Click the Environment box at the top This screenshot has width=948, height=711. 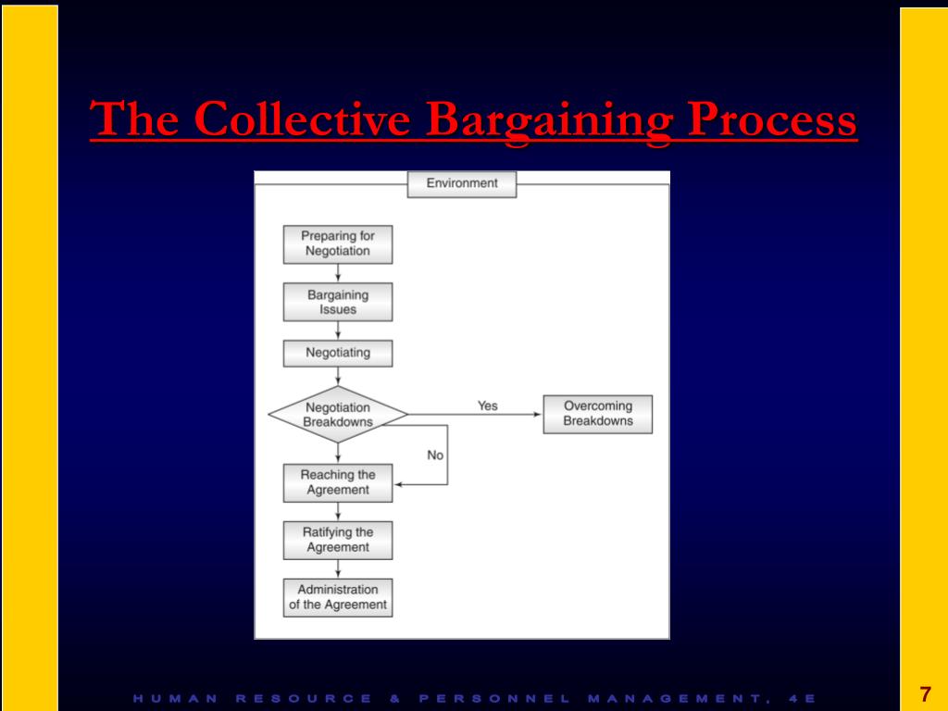coord(462,183)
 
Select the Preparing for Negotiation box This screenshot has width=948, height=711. coord(338,244)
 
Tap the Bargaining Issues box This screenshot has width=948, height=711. coord(338,302)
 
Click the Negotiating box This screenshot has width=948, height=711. coord(338,353)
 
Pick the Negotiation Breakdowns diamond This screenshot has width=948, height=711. coord(338,415)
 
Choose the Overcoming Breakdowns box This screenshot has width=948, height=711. coord(598,414)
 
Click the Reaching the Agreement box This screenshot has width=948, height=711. coord(338,482)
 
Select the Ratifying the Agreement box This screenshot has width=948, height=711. coord(338,540)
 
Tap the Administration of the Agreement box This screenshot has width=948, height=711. coord(338,597)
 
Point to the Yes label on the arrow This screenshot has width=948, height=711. coord(487,405)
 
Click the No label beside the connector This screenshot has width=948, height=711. coord(435,455)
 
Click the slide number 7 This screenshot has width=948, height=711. coord(924,695)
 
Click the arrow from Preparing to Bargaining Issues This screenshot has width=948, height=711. coord(338,273)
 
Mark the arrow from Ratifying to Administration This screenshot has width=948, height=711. coord(338,568)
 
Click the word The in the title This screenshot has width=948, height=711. coord(135,120)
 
